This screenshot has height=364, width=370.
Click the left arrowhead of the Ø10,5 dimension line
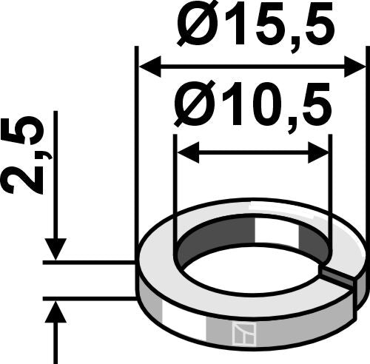186,153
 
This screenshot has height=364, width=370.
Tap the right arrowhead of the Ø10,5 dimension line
319,153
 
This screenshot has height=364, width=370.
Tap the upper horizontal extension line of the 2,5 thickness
89,261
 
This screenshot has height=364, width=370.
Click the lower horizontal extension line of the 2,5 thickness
89,298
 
